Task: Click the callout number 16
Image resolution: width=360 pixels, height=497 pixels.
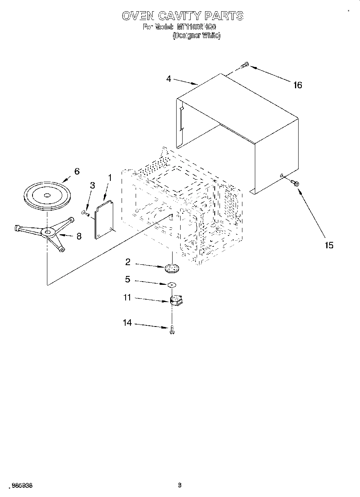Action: pyautogui.click(x=297, y=85)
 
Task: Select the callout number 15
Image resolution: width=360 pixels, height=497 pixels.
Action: pyautogui.click(x=329, y=245)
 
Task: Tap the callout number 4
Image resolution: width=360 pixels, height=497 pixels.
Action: pyautogui.click(x=169, y=79)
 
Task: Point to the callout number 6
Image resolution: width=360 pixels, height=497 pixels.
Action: pyautogui.click(x=77, y=171)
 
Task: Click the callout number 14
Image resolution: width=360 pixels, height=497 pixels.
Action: pyautogui.click(x=127, y=323)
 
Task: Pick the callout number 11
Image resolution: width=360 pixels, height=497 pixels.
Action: pyautogui.click(x=127, y=298)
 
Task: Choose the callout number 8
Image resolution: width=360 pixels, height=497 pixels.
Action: pyautogui.click(x=79, y=236)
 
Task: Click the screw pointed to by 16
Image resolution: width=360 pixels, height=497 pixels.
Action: pyautogui.click(x=245, y=65)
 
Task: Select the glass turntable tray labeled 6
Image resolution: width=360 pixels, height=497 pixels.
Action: pyautogui.click(x=47, y=195)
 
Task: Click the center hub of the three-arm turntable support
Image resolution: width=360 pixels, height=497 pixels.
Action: pyautogui.click(x=48, y=232)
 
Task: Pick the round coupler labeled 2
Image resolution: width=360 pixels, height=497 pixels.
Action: pyautogui.click(x=172, y=267)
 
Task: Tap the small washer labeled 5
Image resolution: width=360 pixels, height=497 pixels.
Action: pyautogui.click(x=172, y=284)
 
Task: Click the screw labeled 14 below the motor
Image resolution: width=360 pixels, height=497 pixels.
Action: pyautogui.click(x=172, y=330)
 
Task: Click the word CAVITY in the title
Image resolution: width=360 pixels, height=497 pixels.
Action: pyautogui.click(x=179, y=16)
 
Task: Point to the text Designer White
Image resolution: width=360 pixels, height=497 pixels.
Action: pyautogui.click(x=196, y=35)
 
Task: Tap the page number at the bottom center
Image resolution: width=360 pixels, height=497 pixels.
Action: pyautogui.click(x=180, y=485)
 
